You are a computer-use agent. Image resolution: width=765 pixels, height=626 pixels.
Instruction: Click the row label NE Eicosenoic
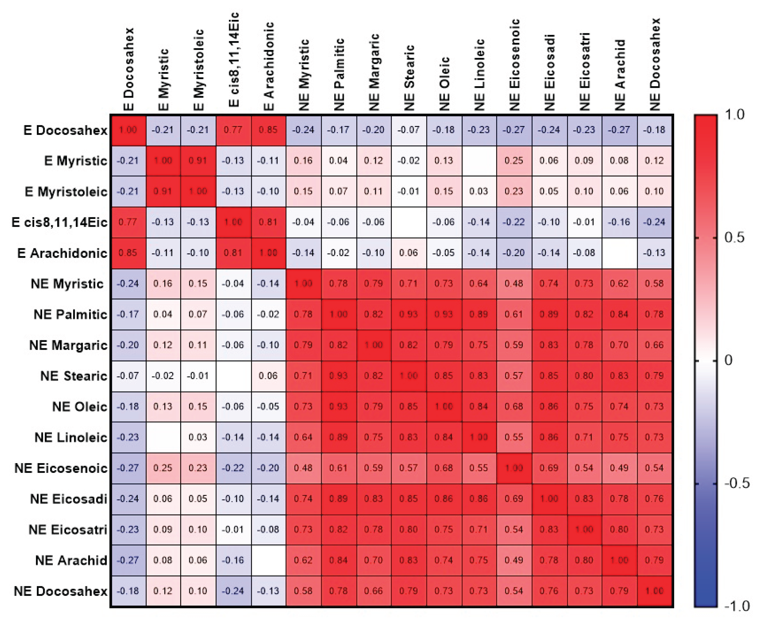(x=61, y=468)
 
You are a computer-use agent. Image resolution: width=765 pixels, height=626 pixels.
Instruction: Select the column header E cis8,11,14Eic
(x=234, y=59)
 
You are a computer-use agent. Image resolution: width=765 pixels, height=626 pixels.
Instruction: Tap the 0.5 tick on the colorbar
(x=734, y=238)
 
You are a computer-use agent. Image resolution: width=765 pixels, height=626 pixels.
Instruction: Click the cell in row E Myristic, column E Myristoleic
(x=198, y=160)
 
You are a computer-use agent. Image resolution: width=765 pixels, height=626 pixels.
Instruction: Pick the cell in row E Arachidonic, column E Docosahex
(x=128, y=253)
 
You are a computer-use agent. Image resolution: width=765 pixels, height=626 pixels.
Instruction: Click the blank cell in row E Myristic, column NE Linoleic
(x=478, y=160)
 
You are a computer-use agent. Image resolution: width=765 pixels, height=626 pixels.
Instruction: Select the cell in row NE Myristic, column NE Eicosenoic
(x=513, y=284)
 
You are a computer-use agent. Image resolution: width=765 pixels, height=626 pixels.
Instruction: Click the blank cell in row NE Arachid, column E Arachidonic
(x=268, y=560)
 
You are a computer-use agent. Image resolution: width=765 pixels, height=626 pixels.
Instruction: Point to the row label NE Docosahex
(x=61, y=591)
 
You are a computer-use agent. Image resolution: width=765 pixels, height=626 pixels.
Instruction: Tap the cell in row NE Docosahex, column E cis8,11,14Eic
(x=233, y=591)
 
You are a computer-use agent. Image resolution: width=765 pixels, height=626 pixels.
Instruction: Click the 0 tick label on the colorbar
(x=728, y=360)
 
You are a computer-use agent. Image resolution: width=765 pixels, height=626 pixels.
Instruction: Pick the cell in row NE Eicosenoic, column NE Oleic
(x=443, y=468)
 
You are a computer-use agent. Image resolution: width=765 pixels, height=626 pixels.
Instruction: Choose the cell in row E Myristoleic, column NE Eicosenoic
(x=513, y=191)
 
